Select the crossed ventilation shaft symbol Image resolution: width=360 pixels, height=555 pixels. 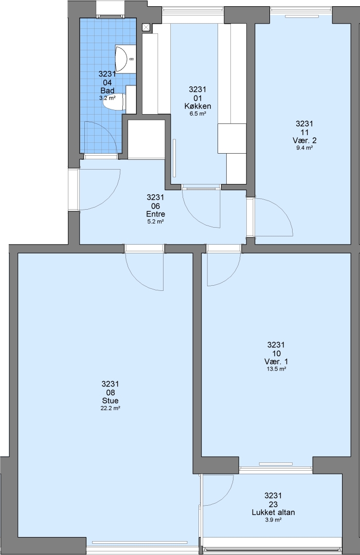coord(147,27)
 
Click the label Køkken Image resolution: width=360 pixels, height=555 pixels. coord(197,106)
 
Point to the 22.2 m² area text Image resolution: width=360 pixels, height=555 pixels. coord(110,408)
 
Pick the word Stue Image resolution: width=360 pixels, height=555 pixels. coord(110,401)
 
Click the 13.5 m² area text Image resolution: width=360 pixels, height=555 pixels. coord(276,369)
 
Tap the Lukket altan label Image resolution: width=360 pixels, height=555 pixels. coord(273,512)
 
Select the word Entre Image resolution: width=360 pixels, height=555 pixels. coord(155,214)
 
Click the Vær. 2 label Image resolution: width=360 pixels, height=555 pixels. coord(304,140)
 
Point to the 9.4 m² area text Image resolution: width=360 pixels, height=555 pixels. coord(304,148)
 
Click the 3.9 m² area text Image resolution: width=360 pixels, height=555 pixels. coord(273,520)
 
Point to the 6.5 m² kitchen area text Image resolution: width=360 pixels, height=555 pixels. coord(197,114)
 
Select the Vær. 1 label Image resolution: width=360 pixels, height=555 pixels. coord(276,361)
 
